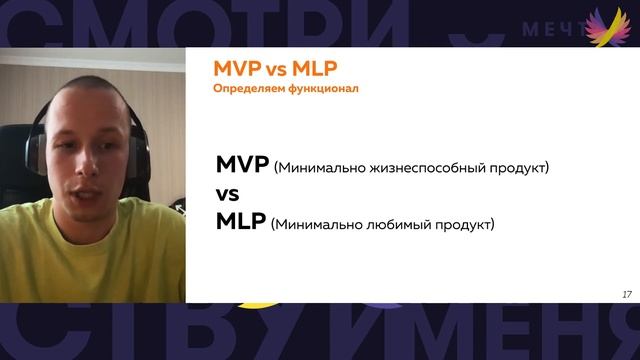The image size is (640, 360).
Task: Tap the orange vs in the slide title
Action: [274, 70]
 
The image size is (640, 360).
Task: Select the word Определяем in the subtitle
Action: [249, 89]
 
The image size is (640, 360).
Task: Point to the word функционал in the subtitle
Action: [322, 89]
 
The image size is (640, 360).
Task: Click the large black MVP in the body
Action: [242, 165]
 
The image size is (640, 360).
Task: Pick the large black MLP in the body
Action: [240, 221]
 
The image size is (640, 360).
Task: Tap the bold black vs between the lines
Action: [228, 193]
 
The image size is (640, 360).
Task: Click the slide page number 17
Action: [626, 294]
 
